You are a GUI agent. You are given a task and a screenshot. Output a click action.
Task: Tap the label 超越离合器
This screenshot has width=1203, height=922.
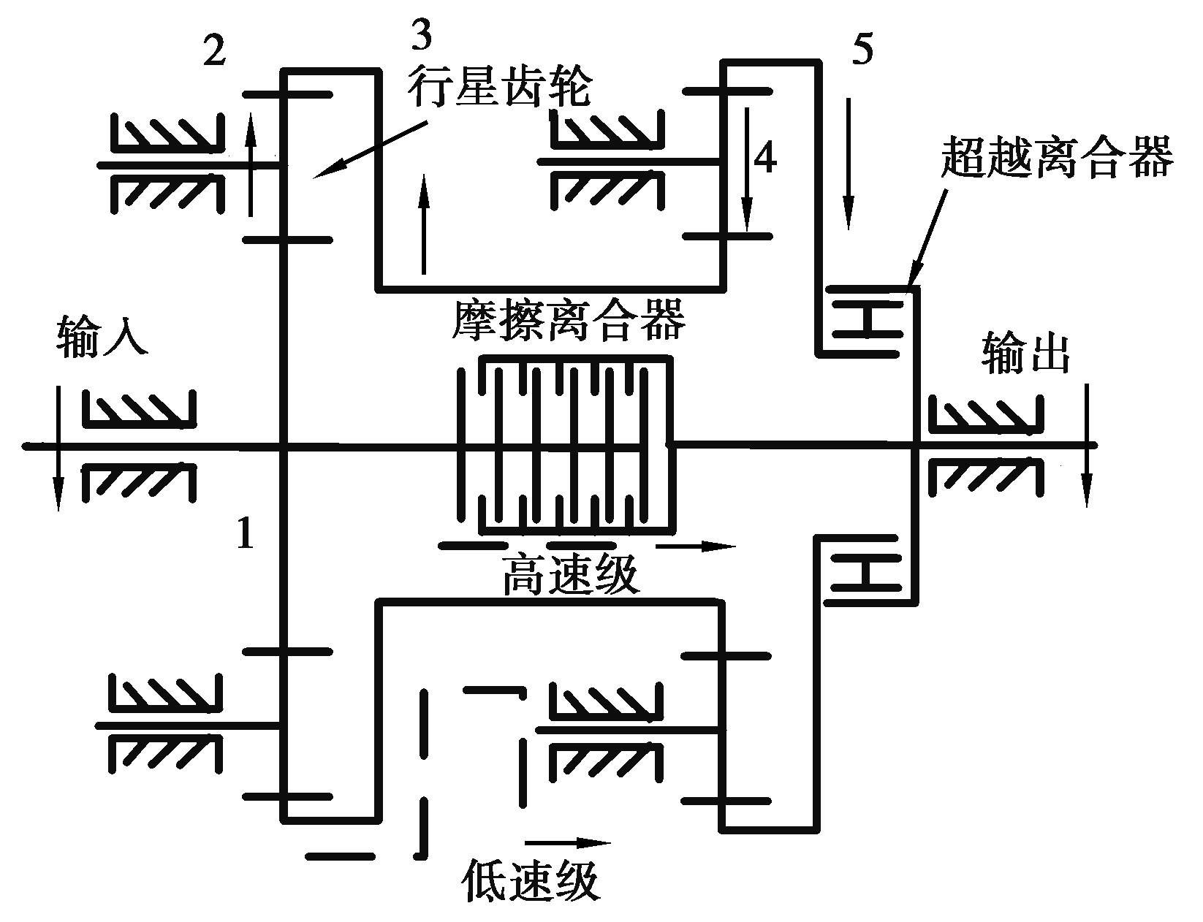pos(1056,156)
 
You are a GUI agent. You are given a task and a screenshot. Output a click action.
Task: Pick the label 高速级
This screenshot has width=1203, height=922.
pos(570,575)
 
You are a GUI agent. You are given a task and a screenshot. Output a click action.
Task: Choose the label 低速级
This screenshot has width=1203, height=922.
pos(531,882)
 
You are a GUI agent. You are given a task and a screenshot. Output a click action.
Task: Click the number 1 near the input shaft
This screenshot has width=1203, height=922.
pos(246,533)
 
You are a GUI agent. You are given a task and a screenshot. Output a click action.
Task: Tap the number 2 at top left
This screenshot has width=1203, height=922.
pos(213,52)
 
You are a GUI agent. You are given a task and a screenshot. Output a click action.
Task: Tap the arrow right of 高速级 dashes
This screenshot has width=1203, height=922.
pos(695,545)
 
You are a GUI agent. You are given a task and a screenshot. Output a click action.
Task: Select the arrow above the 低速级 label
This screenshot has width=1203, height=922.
pos(567,842)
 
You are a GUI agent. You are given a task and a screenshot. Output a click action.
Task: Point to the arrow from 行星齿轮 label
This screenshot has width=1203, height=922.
pos(369,151)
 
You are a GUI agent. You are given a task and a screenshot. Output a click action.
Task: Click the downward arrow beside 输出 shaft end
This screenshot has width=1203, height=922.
pos(1087,446)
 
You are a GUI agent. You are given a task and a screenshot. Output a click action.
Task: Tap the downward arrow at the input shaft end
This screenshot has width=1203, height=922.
pos(58,449)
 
